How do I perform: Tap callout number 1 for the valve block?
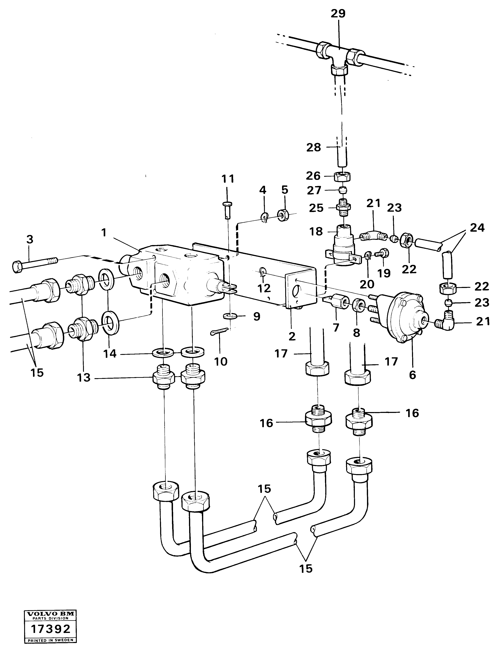tap(104, 233)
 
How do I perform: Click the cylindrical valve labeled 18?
tap(343, 243)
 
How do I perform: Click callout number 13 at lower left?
tap(84, 378)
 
